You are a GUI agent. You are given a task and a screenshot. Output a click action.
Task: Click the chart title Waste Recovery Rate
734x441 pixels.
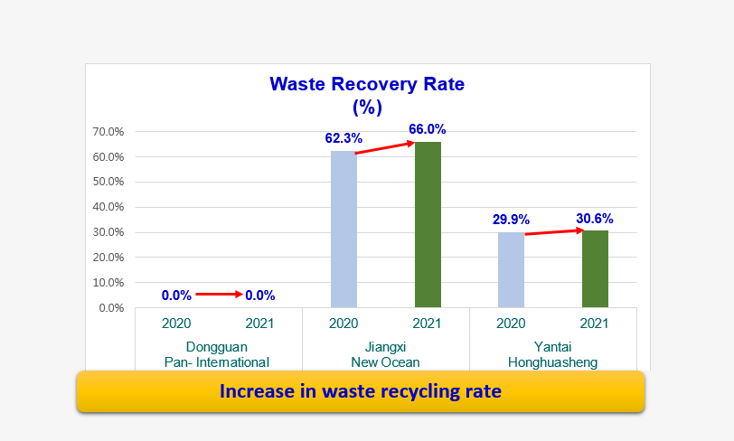click(367, 84)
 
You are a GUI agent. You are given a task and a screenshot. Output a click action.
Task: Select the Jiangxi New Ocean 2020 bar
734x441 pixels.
click(343, 229)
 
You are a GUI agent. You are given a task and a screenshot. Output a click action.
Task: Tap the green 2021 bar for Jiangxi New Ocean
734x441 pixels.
click(428, 225)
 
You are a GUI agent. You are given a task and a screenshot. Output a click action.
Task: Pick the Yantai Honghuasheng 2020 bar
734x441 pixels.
click(512, 269)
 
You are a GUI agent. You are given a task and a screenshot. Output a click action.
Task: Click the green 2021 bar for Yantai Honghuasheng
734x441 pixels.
click(595, 268)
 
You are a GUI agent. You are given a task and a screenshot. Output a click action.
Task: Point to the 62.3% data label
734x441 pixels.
click(343, 138)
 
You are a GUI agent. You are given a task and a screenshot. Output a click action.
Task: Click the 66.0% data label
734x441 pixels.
click(428, 129)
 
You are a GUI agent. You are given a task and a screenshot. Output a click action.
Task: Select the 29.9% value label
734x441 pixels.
click(511, 219)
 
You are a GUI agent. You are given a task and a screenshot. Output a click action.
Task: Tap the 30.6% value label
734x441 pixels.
click(595, 218)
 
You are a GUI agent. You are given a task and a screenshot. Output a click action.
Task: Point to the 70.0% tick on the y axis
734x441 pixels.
click(108, 132)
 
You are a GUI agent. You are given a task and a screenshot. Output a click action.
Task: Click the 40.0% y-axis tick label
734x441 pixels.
click(108, 207)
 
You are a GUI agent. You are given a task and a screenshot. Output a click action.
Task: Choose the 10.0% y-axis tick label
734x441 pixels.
click(108, 283)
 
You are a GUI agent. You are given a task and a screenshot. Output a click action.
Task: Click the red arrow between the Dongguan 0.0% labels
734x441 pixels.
click(219, 294)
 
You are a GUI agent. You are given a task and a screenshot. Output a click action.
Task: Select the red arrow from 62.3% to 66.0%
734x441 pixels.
click(385, 148)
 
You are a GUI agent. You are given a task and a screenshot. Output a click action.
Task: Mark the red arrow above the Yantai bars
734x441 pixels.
click(554, 231)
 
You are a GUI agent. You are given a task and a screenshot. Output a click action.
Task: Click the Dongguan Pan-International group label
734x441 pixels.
click(217, 354)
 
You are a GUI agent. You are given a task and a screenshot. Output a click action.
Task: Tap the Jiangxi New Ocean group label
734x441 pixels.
click(385, 354)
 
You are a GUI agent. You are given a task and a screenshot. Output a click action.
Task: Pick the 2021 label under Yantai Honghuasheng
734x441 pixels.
click(594, 323)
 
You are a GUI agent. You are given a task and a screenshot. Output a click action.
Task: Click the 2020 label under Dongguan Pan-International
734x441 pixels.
click(176, 323)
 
